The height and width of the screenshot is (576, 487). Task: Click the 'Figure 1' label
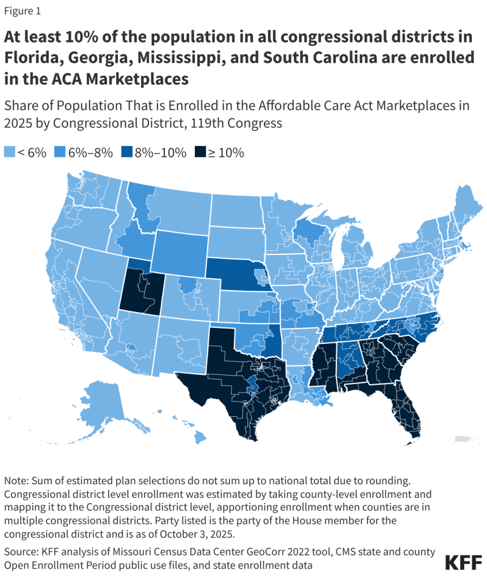click(x=22, y=10)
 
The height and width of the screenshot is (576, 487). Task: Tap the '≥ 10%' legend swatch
click(x=200, y=152)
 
